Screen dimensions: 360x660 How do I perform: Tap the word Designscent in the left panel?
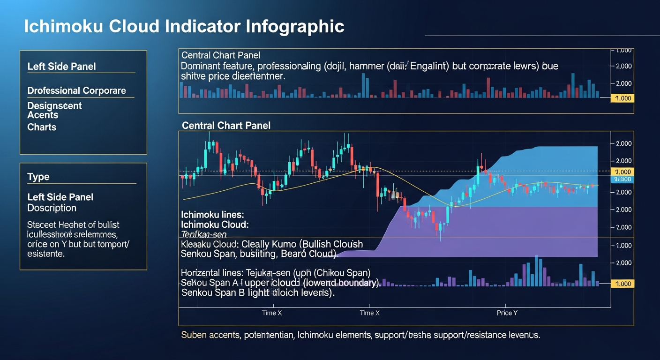click(54, 106)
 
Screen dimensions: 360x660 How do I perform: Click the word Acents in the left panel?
click(43, 115)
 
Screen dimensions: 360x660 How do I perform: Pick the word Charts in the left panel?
click(42, 127)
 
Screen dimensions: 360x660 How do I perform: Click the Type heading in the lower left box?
click(38, 177)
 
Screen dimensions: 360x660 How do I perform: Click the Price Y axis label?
click(507, 313)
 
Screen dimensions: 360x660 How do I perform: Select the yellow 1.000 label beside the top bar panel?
click(622, 98)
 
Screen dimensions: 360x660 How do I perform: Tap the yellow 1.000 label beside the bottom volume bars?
click(622, 284)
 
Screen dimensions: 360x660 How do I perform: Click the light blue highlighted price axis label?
click(622, 180)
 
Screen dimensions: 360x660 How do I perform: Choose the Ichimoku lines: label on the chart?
click(212, 215)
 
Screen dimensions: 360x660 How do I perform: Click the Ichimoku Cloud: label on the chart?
click(214, 225)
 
